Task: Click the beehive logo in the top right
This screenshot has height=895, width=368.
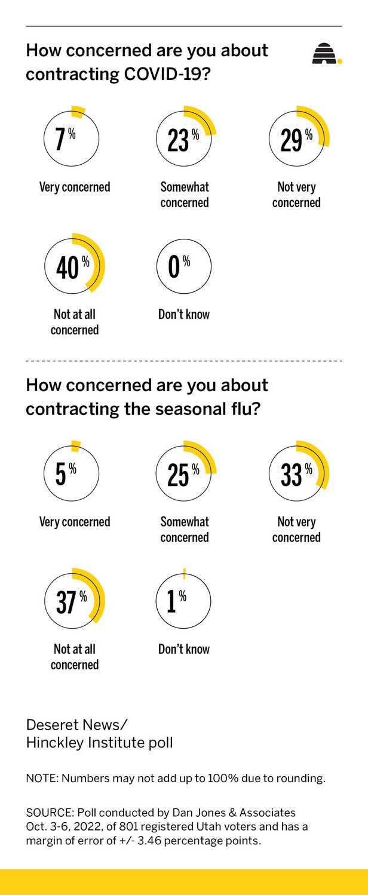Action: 326,54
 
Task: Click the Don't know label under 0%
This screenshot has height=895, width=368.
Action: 184,314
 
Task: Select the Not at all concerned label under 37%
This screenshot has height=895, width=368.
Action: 75,657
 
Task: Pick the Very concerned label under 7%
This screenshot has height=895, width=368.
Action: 75,187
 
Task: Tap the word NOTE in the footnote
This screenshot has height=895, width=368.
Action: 41,779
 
